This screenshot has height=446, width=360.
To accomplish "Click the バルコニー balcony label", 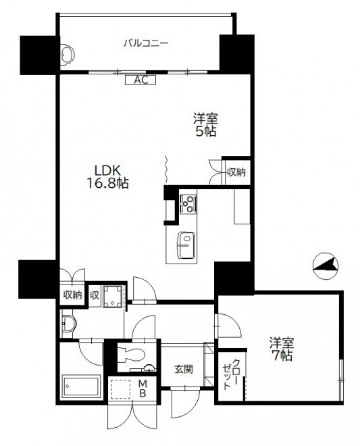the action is point(146,43).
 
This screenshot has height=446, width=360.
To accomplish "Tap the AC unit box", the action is point(140,80).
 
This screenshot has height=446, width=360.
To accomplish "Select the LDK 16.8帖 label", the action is point(107,177).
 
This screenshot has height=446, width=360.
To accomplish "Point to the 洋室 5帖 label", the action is point(205,125).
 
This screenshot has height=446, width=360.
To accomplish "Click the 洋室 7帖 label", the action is point(282,349).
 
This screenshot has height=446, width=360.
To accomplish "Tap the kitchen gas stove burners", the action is point(188,203).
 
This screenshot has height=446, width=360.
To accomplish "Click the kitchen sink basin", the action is point(186,245).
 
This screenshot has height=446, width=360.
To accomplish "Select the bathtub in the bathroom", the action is point(82,386).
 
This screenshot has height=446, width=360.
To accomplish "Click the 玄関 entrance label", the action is point(184,369).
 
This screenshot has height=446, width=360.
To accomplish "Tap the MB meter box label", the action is point(143,389).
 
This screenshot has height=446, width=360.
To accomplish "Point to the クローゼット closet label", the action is point(231,374).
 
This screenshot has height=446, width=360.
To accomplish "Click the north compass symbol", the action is point(326,266).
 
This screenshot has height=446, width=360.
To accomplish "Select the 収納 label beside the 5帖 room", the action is point(236,172).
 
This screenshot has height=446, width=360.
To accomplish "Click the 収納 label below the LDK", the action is point(72,295).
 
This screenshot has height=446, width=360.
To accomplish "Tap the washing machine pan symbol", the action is point(113,297).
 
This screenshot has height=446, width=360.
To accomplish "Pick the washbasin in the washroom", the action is point(68,324).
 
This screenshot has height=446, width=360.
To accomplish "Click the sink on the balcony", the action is point(68,54).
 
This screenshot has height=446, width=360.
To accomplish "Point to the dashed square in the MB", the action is point(120,389).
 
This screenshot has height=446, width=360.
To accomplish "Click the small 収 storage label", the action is point(95,295).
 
